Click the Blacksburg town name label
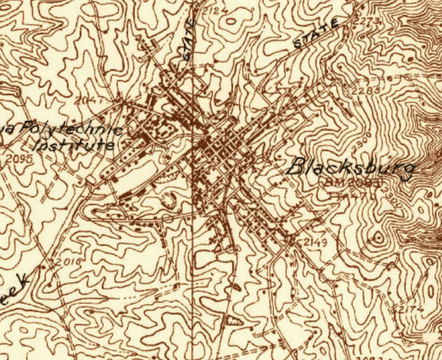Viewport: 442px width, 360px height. click(x=350, y=168)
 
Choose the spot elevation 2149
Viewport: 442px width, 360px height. click(x=313, y=242)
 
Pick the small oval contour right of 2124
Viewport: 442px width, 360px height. click(x=232, y=22)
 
